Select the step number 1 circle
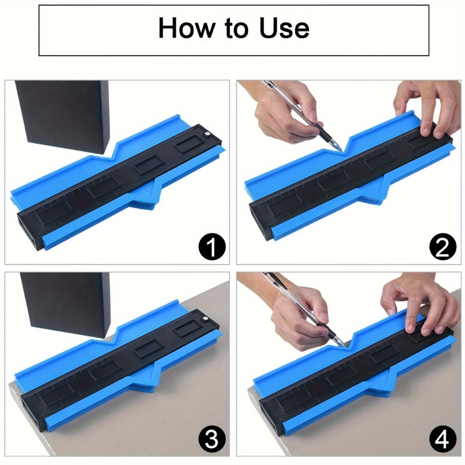coord(212,247)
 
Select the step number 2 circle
coord(443,247)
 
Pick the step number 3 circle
coord(212,440)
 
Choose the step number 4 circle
coord(443,440)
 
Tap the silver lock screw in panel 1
coord(207,134)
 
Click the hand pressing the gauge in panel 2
coord(427,107)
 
